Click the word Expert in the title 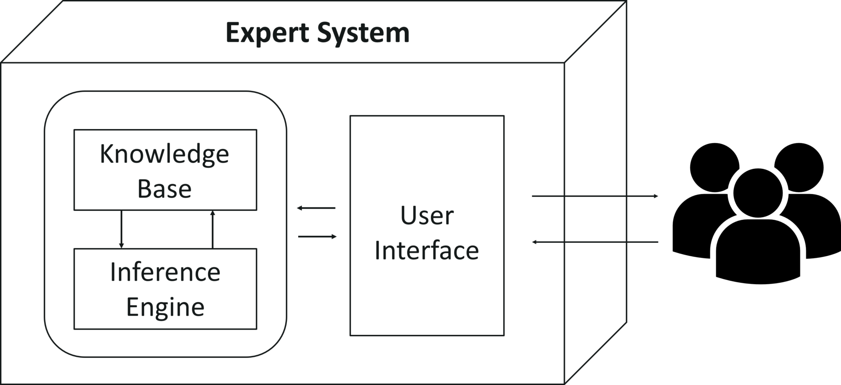pos(267,33)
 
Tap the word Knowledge pos(164,155)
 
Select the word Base pos(164,189)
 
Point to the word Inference pos(165,272)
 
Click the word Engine pos(165,308)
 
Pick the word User pos(427,216)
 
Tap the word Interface pos(427,251)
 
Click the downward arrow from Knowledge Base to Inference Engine pos(121,229)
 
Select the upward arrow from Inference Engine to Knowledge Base pos(212,229)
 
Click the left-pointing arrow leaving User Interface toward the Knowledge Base pos(316,208)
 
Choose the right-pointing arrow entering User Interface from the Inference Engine pos(317,237)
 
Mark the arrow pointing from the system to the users pos(595,196)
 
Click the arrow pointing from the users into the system pos(595,242)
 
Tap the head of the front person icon pos(758,193)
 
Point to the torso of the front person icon pos(758,252)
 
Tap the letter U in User pos(409,216)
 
